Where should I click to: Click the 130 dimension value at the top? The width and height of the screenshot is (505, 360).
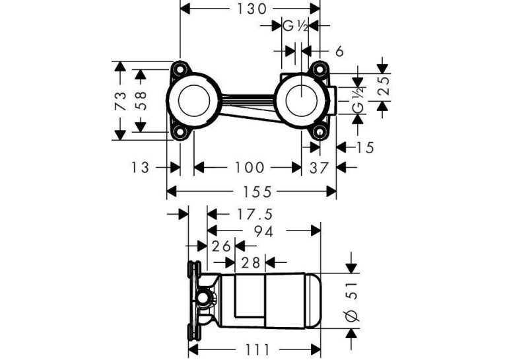point(252,9)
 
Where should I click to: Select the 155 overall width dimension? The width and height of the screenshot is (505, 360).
point(257,192)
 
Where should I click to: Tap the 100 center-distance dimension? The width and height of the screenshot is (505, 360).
point(250,168)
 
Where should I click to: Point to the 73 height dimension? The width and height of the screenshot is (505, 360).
point(120,100)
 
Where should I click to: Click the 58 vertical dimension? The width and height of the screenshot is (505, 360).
point(141,100)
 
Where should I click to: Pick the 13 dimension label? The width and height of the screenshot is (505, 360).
point(141,168)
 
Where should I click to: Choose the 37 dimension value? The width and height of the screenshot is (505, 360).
point(319,168)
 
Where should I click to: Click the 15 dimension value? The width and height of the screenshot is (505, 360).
point(365,147)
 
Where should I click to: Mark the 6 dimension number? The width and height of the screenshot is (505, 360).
point(339,52)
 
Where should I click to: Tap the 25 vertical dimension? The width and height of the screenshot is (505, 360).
point(384,86)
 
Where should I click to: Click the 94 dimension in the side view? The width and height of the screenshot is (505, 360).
point(264,231)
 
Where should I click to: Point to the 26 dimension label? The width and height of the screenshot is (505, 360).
point(222,246)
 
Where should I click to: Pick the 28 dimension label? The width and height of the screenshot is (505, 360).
point(251,263)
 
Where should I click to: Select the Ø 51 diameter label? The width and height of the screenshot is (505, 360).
point(353,302)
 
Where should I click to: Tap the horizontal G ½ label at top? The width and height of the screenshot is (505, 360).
point(295,26)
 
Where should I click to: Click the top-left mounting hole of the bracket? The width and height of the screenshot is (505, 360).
point(180,69)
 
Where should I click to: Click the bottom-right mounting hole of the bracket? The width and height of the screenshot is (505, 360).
point(319,132)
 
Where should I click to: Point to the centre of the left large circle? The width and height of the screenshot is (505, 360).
point(194,100)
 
